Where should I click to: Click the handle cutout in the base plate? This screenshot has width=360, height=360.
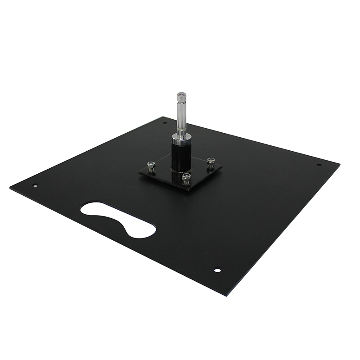click(118, 219)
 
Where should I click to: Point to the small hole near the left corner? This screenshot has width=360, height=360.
click(35, 184)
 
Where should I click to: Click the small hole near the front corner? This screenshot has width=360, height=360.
click(217, 270)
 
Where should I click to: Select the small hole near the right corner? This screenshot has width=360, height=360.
click(319, 165)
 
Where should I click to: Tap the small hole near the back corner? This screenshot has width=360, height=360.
click(165, 122)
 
